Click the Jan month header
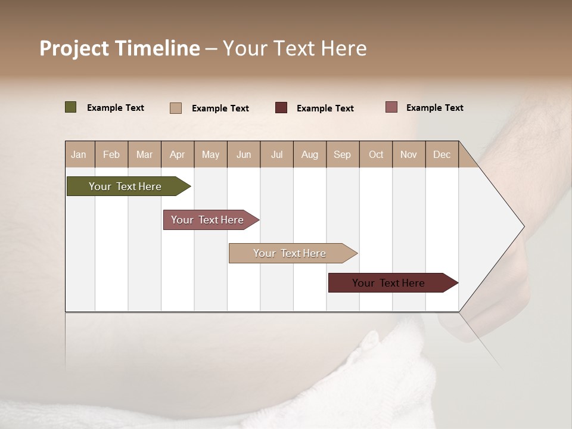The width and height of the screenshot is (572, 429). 79,154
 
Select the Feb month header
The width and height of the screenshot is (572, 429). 111,154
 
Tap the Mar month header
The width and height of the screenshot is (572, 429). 144,154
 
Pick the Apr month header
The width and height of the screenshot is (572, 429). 178,154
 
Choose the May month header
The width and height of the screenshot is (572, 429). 210,154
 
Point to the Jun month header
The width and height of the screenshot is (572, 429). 244,154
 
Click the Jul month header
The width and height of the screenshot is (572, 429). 276,154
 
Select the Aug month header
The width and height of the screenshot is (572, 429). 310,154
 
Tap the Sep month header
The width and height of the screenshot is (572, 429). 343,154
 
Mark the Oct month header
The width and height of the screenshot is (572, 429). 376,154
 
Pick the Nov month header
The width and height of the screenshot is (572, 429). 409,154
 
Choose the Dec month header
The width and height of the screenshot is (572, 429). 442,154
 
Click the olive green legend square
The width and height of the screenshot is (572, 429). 71,107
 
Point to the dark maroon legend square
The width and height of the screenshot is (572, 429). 281,108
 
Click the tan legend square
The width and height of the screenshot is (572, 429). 176,108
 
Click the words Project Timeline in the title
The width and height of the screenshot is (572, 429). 120,48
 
